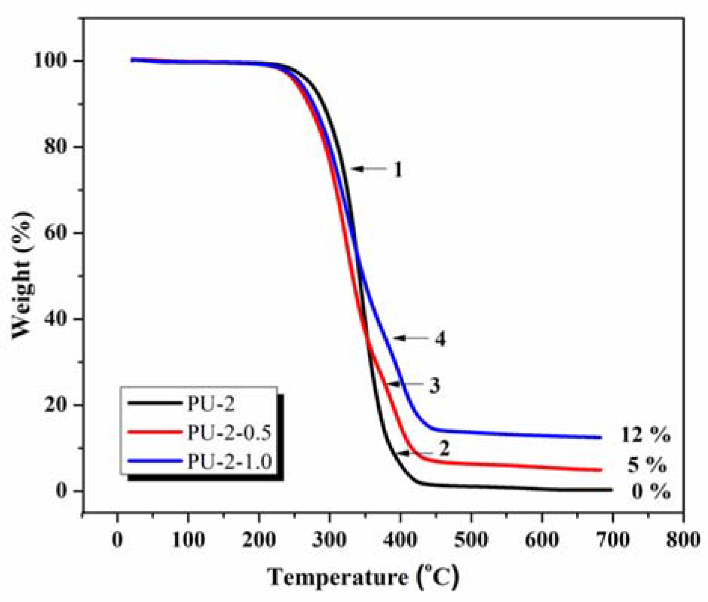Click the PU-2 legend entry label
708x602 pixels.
(211, 404)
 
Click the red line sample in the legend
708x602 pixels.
(154, 432)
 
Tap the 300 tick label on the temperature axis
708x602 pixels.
(329, 540)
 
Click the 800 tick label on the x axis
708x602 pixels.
(683, 540)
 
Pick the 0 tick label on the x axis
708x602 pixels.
(118, 540)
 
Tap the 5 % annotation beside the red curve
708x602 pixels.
(647, 465)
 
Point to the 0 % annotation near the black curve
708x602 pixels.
(651, 492)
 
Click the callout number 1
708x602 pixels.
(398, 170)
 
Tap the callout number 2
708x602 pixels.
(444, 449)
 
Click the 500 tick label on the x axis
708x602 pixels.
(471, 540)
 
